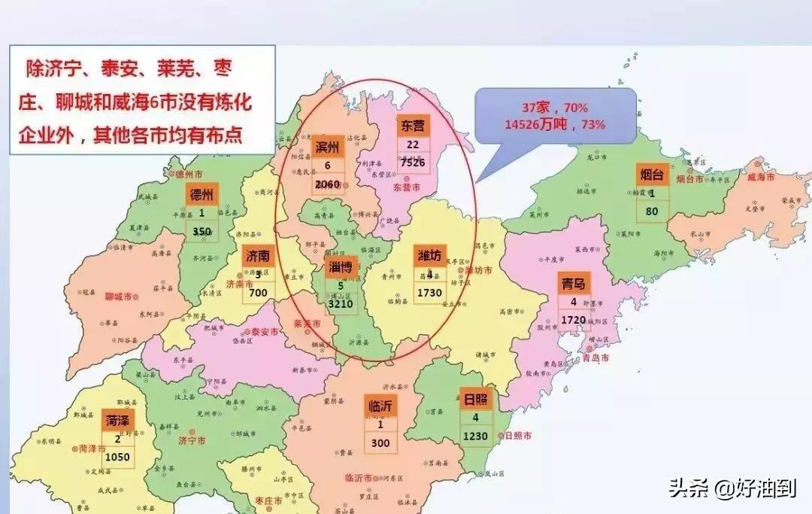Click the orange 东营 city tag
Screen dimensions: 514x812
[x=413, y=126]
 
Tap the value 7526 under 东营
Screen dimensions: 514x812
[x=413, y=162]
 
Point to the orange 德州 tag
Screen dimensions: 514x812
[x=201, y=195]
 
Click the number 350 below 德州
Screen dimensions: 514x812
[x=201, y=232]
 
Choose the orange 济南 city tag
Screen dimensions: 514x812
[x=258, y=257]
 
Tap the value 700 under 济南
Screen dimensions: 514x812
[x=258, y=292]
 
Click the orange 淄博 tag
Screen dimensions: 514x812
[x=341, y=267]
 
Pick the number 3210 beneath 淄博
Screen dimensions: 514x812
[x=341, y=305]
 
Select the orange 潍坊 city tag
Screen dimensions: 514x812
[x=430, y=255]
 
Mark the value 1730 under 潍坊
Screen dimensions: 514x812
[x=430, y=292]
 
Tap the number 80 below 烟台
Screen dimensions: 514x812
[x=652, y=211]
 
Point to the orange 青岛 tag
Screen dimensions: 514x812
[x=574, y=283]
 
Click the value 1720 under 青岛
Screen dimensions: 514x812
[x=574, y=321]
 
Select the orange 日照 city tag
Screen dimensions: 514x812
[x=476, y=400]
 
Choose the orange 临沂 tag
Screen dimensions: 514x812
[x=380, y=407]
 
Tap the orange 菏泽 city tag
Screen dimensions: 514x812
[x=117, y=420]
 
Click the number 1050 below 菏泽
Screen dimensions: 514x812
[x=117, y=457]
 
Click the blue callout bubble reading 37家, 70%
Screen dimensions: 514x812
[x=555, y=117]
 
